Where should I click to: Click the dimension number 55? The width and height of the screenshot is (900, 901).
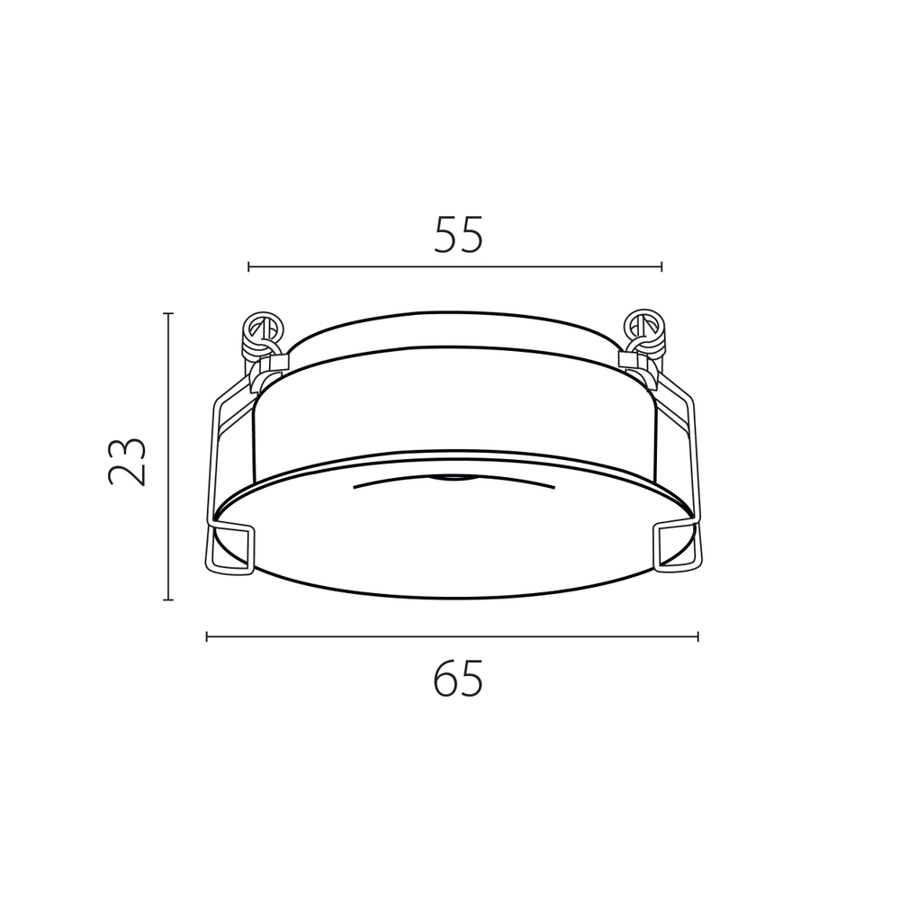click(x=458, y=234)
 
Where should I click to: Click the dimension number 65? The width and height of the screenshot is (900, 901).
click(x=458, y=679)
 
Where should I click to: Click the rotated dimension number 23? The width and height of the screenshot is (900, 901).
click(x=127, y=462)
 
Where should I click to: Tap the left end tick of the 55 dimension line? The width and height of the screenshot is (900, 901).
click(x=249, y=266)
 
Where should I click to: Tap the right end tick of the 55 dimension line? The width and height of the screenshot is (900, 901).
click(x=661, y=266)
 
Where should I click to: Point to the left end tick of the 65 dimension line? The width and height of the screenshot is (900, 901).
click(x=207, y=636)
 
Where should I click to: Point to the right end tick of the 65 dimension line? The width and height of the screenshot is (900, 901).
click(x=697, y=636)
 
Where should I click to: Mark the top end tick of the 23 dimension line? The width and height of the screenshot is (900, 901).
click(x=167, y=314)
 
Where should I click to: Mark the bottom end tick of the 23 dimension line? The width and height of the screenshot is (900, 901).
click(x=167, y=599)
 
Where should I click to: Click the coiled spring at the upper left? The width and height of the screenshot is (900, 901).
click(x=262, y=333)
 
